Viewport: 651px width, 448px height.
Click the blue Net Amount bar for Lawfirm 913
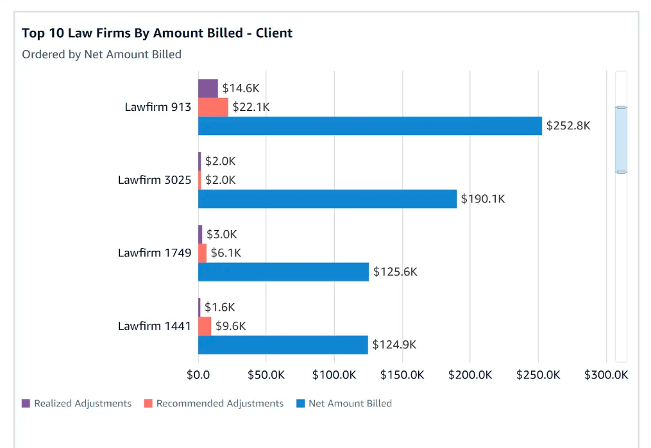point(369,126)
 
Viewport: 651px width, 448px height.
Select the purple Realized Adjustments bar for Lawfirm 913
point(208,88)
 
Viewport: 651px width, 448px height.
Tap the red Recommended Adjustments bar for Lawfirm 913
point(213,107)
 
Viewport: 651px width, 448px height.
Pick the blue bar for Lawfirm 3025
point(327,199)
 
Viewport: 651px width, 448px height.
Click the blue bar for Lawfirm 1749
point(283,272)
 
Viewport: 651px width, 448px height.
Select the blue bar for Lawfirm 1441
point(283,345)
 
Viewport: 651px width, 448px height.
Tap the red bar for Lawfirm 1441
point(205,326)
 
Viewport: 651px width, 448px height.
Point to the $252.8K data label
point(568,126)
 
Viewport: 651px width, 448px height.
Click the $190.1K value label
point(483,199)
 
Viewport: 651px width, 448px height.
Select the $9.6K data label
point(230,326)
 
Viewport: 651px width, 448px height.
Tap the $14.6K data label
point(241,88)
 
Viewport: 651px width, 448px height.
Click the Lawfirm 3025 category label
point(155,180)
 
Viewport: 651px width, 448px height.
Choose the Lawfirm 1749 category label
point(155,253)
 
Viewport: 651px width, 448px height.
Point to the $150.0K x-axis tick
point(402,375)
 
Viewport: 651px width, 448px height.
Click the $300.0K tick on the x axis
point(605,375)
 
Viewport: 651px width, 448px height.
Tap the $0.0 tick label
point(198,375)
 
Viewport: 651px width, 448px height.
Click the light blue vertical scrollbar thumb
point(620,140)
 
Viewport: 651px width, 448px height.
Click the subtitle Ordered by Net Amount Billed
point(101,54)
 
